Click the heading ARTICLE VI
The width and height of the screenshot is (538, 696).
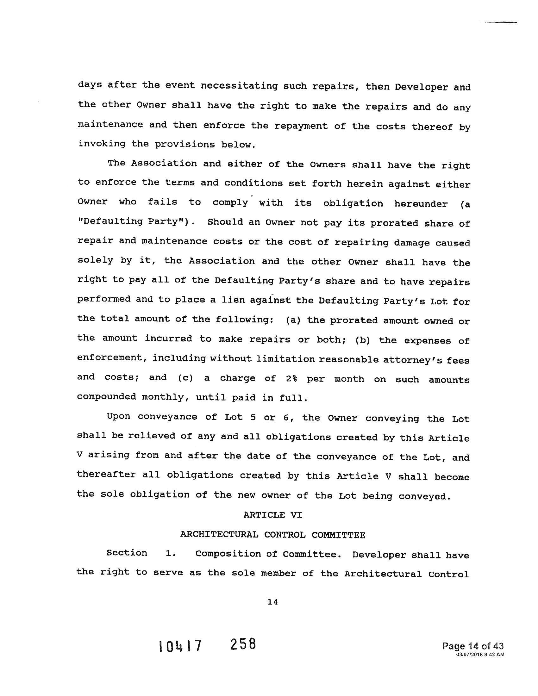tap(272, 515)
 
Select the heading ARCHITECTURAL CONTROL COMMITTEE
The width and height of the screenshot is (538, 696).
tap(273, 535)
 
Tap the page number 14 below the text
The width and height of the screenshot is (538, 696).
tap(273, 602)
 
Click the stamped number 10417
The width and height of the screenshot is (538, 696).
tap(180, 646)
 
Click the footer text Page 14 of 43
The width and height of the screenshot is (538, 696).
tap(473, 646)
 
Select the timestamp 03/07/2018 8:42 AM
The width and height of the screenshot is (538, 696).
tap(480, 654)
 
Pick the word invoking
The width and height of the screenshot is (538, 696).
tap(102, 144)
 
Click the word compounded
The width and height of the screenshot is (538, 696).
tap(106, 397)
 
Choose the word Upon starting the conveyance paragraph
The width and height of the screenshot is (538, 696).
tap(119, 417)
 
